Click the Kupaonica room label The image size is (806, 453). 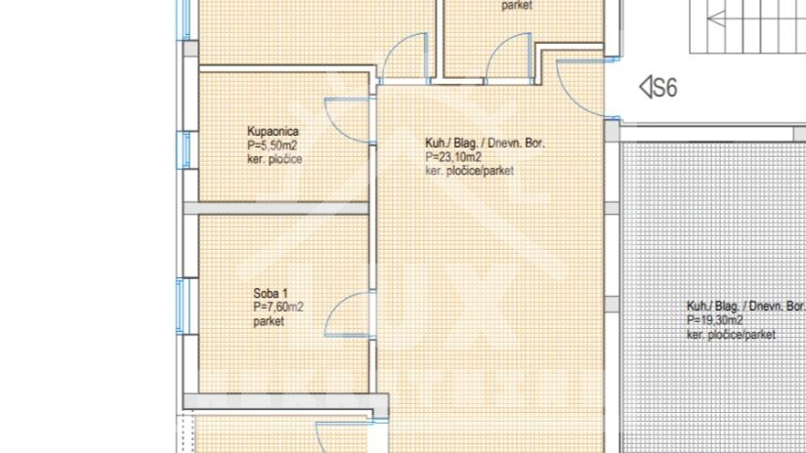(x=273, y=131)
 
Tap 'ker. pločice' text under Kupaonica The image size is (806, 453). (x=275, y=158)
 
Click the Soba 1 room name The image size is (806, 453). (x=271, y=294)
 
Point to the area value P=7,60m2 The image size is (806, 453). (x=277, y=307)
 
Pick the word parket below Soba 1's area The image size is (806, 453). (x=269, y=320)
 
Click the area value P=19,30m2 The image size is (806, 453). (x=715, y=319)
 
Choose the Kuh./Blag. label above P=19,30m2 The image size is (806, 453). (x=745, y=305)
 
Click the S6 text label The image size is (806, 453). (x=665, y=88)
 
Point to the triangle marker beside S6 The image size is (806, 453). (x=645, y=88)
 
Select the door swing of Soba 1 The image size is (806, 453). (x=344, y=317)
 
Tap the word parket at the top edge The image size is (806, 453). (x=519, y=6)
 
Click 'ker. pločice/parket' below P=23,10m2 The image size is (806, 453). (x=470, y=171)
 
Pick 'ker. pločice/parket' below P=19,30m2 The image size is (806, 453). (x=731, y=334)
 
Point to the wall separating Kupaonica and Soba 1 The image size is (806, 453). (x=283, y=208)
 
